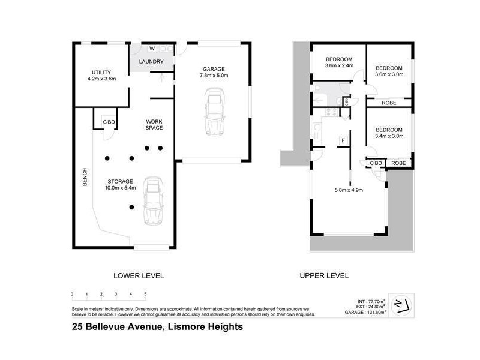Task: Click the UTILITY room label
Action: pyautogui.click(x=101, y=73)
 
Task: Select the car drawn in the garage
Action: pyautogui.click(x=213, y=112)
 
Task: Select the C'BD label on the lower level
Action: pyautogui.click(x=109, y=122)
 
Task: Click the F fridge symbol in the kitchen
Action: pyautogui.click(x=343, y=140)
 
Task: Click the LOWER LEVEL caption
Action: pyautogui.click(x=139, y=276)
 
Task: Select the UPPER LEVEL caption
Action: pyautogui.click(x=325, y=276)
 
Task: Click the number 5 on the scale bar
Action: pyautogui.click(x=145, y=294)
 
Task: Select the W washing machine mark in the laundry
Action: pyautogui.click(x=152, y=48)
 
